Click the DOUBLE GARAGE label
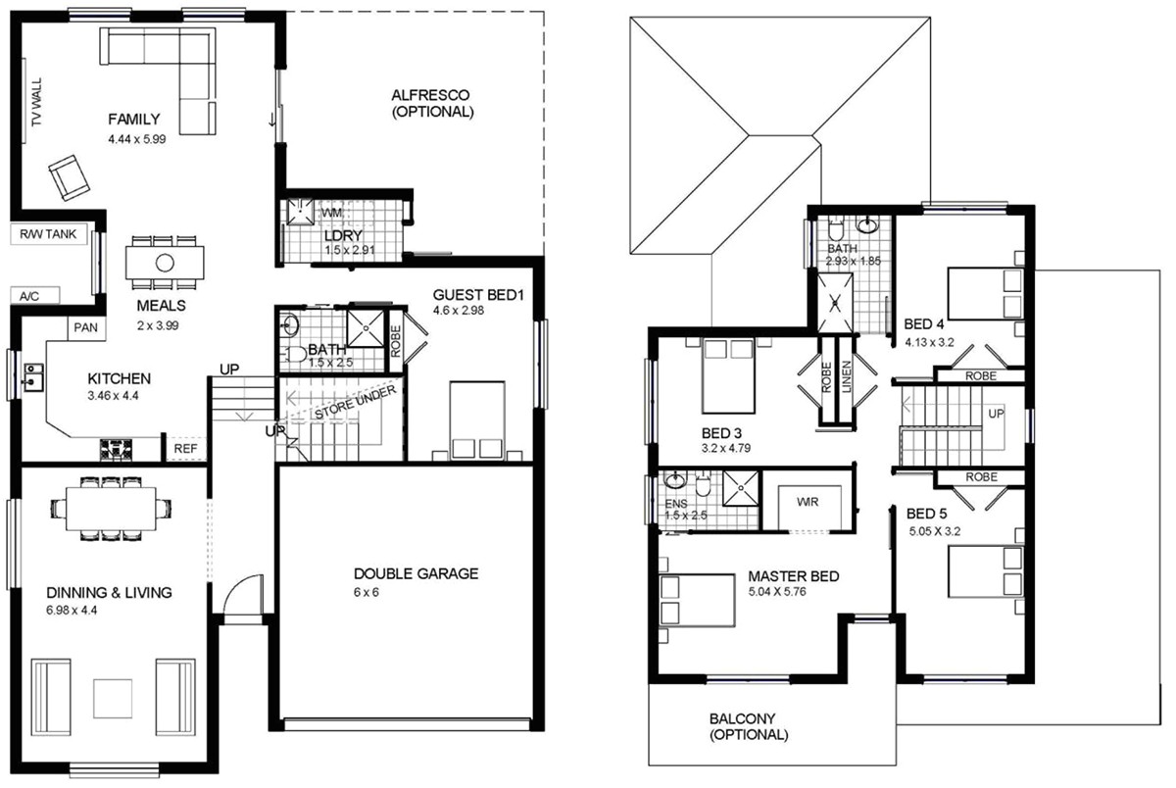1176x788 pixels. coord(416,573)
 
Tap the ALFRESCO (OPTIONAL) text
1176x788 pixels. coord(431,104)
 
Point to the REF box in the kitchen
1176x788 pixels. coord(184,449)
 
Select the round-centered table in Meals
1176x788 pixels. coord(165,262)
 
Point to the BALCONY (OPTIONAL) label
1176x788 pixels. coord(750,726)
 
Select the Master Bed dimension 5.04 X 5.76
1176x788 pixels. coord(792,593)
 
